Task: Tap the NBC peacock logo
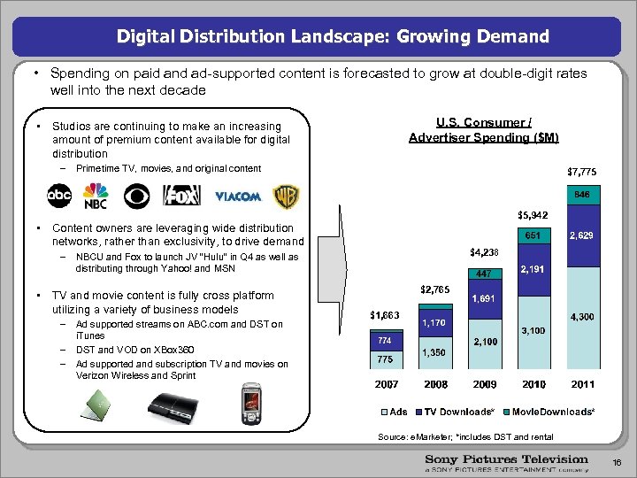(x=96, y=196)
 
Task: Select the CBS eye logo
(x=138, y=195)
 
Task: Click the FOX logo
(x=182, y=195)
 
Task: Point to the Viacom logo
(x=238, y=196)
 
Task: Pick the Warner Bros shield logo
(x=285, y=195)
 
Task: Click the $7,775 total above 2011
(x=581, y=171)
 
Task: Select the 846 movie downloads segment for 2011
(x=581, y=194)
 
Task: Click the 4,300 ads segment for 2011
(x=581, y=316)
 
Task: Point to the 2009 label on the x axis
(x=485, y=385)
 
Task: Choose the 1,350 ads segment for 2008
(x=434, y=353)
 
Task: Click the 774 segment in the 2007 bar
(x=385, y=340)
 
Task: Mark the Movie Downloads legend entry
(x=552, y=412)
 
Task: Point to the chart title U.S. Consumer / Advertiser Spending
(x=483, y=130)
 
